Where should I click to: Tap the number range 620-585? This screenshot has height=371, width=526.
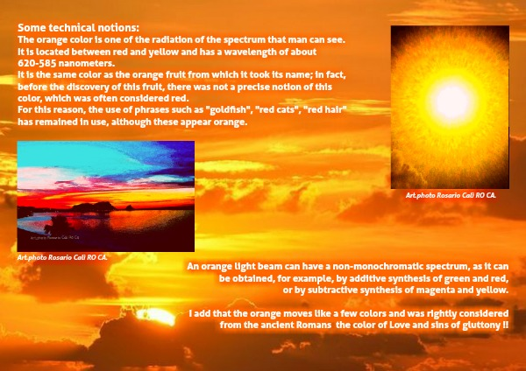click(x=37, y=63)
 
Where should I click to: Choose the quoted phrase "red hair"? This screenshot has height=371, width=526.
click(x=324, y=109)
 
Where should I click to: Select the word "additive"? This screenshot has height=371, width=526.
click(x=354, y=278)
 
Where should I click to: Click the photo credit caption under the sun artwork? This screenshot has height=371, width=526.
click(x=451, y=195)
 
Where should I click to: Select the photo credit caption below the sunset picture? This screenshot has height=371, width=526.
click(x=62, y=257)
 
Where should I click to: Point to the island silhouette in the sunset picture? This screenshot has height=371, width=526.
click(x=95, y=206)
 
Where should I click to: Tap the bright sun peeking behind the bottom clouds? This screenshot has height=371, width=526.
click(x=156, y=317)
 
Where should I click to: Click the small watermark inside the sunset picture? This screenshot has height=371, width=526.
click(x=54, y=238)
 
